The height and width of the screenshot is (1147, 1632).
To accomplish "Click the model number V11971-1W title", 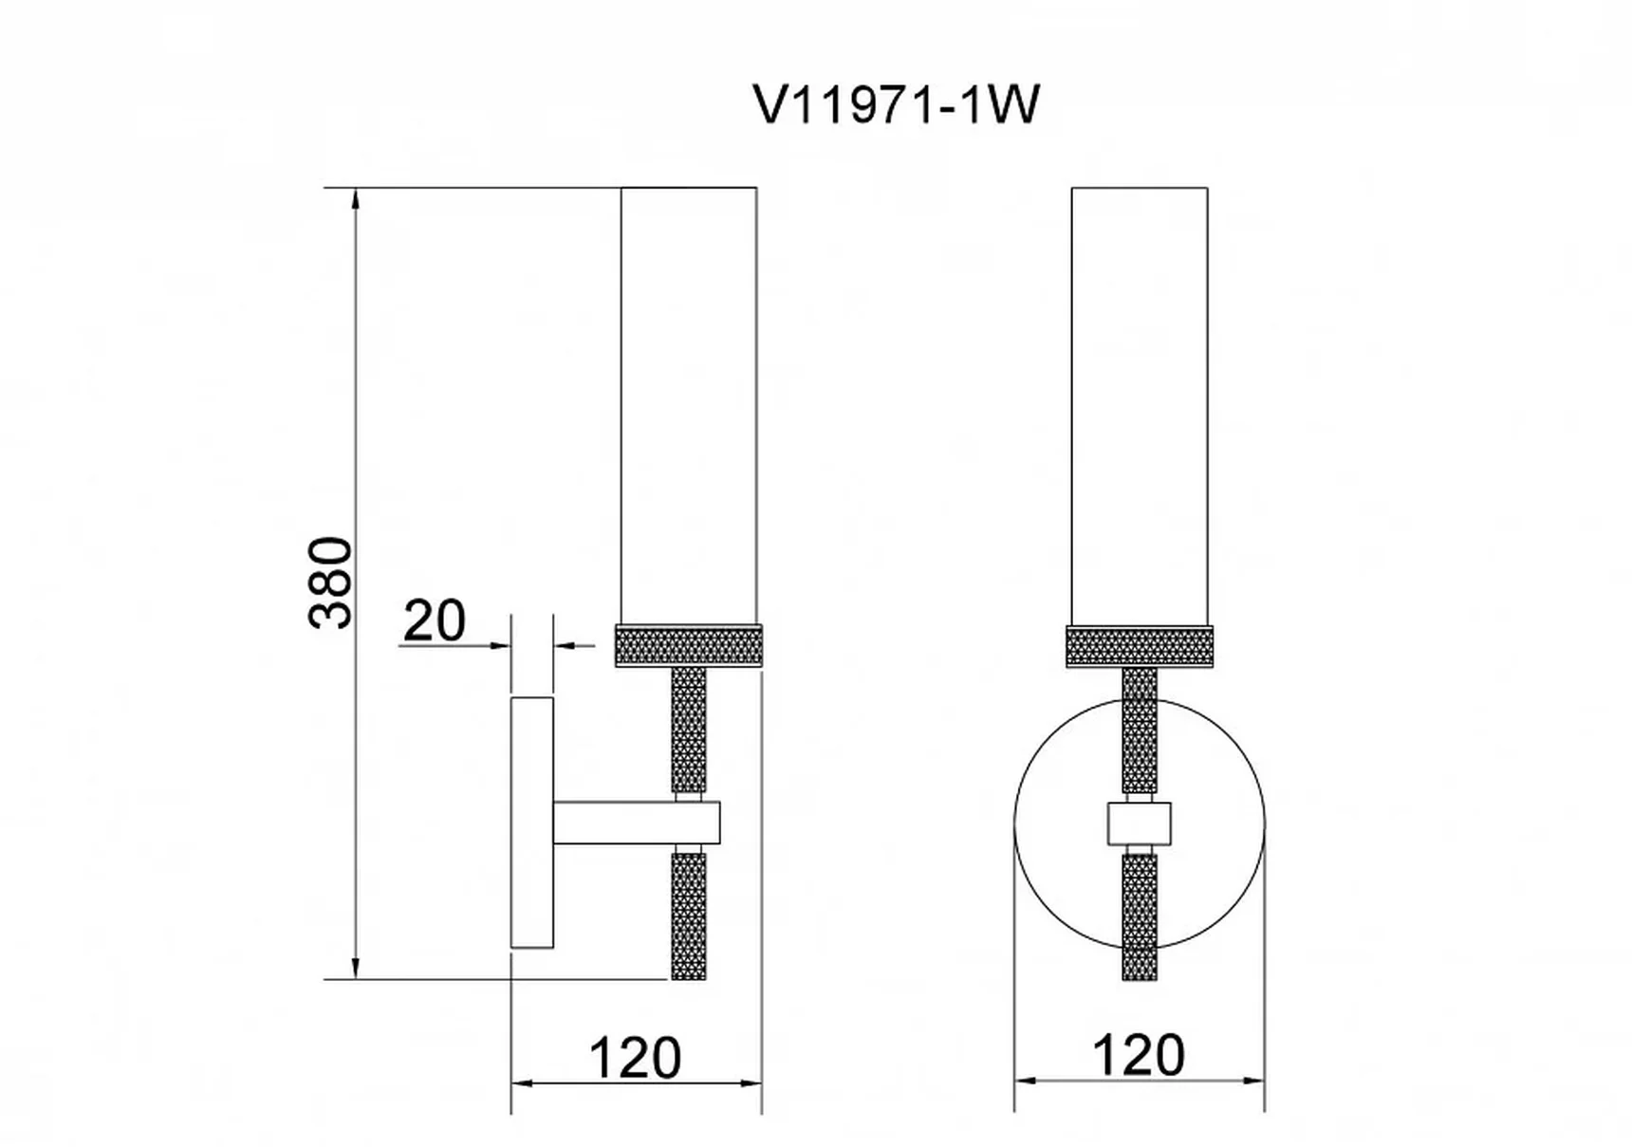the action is click(897, 104).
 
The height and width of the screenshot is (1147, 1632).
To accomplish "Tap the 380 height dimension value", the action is click(331, 583).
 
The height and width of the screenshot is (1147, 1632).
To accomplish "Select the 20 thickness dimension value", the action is click(435, 621).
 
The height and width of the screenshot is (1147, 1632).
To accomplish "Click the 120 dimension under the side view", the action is click(636, 1057).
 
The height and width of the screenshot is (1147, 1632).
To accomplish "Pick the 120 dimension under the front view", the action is click(1139, 1055).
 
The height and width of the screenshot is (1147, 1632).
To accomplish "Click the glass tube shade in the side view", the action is click(689, 405).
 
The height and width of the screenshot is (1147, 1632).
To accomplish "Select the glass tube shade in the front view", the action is click(1140, 405).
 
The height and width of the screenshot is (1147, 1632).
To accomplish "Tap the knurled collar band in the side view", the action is click(689, 645).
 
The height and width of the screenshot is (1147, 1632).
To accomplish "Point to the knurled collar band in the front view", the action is click(1140, 645).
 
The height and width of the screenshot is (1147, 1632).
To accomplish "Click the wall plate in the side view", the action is click(532, 823).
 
